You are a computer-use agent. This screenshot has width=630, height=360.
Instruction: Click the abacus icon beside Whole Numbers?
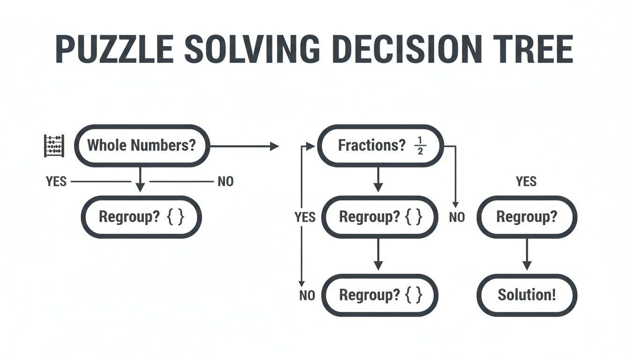tap(54, 145)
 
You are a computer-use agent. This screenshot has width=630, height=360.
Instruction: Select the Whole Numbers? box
tap(142, 145)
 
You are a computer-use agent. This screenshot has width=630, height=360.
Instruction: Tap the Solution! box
tap(527, 295)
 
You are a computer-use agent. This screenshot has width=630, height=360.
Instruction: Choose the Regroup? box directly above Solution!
tap(527, 217)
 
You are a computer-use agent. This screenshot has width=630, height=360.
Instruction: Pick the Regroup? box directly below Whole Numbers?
tap(141, 217)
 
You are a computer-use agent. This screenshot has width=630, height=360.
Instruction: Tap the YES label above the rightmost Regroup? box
tap(526, 181)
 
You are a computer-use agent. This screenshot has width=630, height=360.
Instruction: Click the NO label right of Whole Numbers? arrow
tap(225, 181)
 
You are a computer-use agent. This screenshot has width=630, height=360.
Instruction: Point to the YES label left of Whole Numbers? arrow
tap(56, 181)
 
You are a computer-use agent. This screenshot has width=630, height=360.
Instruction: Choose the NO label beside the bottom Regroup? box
tap(307, 296)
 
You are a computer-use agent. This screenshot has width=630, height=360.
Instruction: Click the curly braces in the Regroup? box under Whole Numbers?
tap(175, 217)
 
